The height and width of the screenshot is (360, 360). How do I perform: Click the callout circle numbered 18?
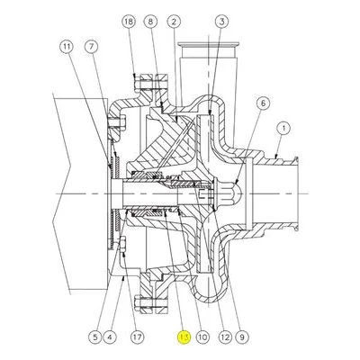tap(129, 22)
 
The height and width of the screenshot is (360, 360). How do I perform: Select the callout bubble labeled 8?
tap(151, 22)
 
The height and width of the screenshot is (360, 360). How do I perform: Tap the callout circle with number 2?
tap(175, 22)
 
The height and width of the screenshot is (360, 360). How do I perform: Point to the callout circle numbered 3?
tap(222, 22)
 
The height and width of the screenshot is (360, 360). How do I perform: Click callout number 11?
tap(67, 47)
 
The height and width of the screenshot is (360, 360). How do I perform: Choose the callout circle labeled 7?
tap(91, 47)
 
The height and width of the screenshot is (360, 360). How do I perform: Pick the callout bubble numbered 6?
tap(263, 103)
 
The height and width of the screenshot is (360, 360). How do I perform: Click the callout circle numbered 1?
tap(283, 129)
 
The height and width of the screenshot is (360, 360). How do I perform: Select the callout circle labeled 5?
tap(95, 337)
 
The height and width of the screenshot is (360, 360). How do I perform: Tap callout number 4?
tap(110, 337)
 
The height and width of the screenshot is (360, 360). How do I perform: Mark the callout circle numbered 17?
tap(137, 337)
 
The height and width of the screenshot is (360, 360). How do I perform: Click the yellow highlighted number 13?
tap(184, 337)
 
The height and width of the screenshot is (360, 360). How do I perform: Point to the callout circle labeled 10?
tap(202, 337)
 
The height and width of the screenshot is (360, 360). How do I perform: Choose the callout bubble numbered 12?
tap(225, 337)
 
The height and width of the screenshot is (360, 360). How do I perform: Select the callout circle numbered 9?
tap(242, 337)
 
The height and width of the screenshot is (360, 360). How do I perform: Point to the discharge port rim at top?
tap(208, 45)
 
